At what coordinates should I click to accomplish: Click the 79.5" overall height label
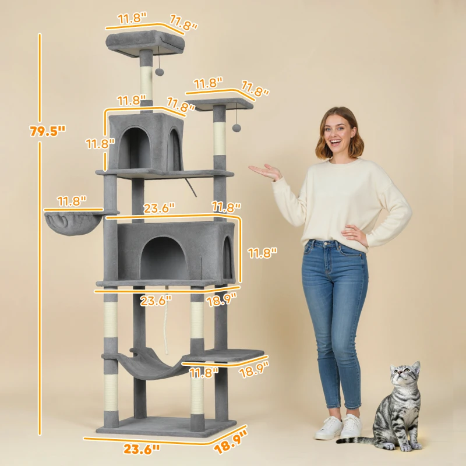[47, 132]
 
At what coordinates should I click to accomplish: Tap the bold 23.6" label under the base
[141, 449]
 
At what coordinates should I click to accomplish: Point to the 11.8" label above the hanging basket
[72, 202]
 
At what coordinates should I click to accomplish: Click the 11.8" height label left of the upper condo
[96, 143]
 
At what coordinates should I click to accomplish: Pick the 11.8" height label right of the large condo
[262, 253]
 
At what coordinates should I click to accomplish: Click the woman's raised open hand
[266, 171]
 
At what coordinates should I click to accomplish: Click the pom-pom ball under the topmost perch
[159, 72]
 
